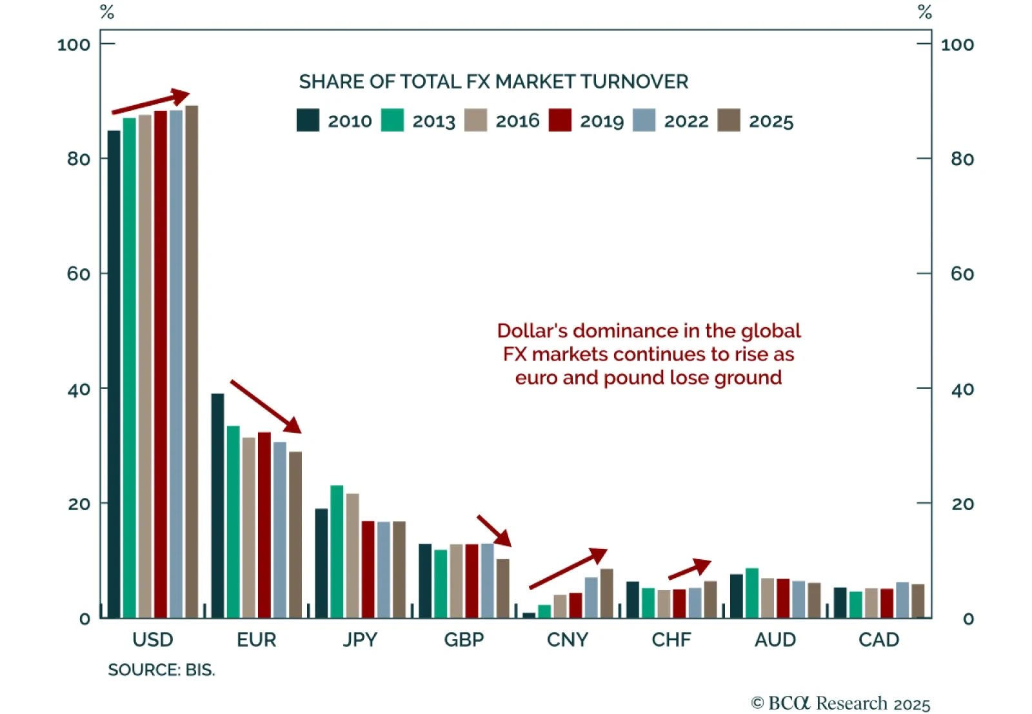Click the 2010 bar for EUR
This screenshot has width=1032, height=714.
pos(217,506)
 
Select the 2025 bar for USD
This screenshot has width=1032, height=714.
pos(192,361)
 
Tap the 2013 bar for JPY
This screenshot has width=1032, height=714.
pos(337,552)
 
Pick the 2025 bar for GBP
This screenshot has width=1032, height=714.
pos(502,588)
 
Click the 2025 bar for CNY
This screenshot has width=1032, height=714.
pos(606,593)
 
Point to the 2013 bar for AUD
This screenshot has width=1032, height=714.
pos(752,593)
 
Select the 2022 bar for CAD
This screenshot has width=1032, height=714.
pos(902,600)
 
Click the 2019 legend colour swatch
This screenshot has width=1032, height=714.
pos(560,121)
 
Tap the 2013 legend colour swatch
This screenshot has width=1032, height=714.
pos(392,121)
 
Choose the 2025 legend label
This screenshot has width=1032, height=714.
pos(771,121)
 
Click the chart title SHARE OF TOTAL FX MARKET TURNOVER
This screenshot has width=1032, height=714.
pos(493,82)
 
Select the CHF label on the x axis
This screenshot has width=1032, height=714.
pos(671,640)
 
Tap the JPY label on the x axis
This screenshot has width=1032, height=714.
pos(360,640)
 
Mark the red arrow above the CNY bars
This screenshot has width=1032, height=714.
pos(568,568)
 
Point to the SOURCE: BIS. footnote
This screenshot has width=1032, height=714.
pos(161,670)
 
